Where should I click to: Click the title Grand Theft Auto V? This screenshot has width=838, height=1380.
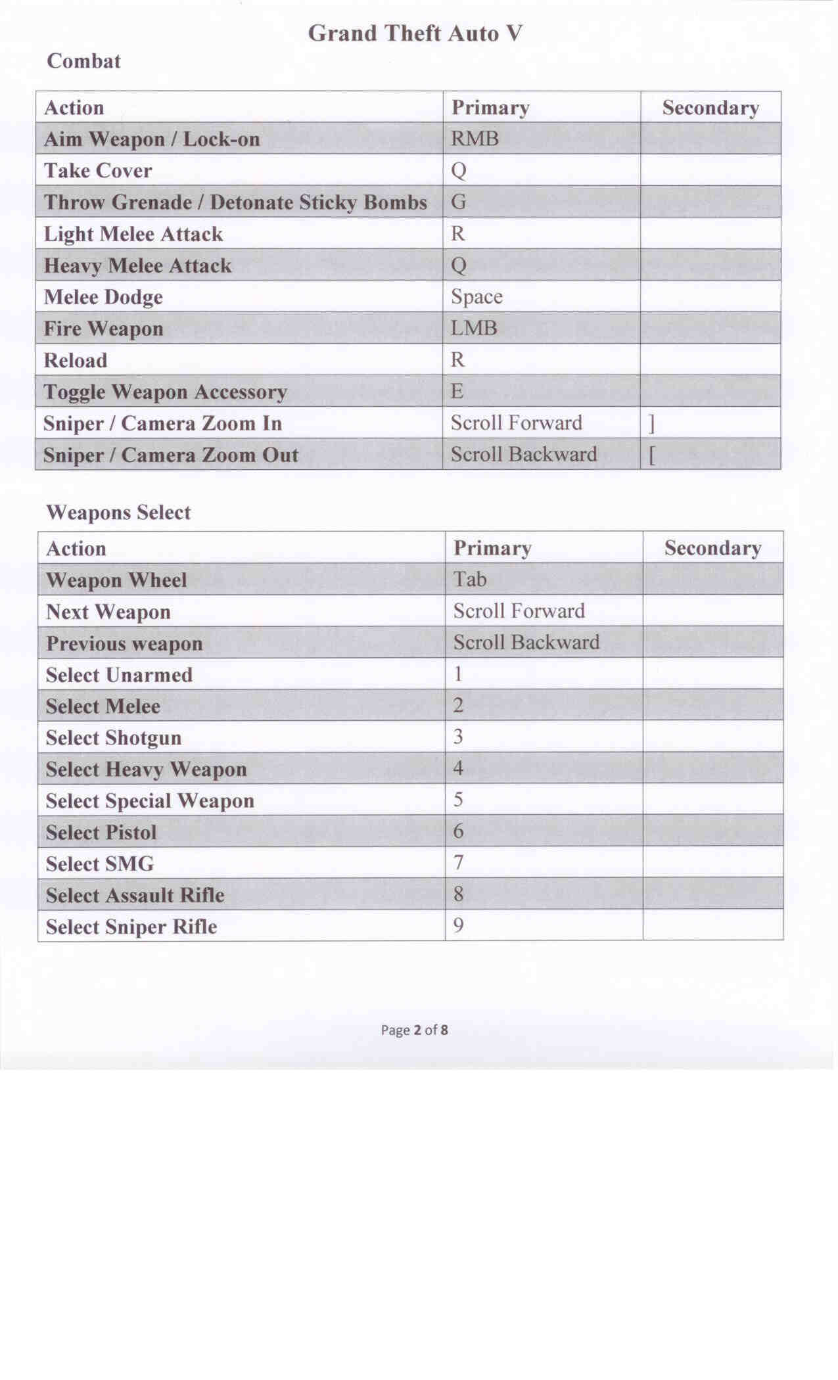tap(415, 33)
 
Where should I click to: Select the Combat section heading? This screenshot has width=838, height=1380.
tap(83, 61)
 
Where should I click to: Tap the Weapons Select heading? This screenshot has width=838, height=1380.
tap(118, 513)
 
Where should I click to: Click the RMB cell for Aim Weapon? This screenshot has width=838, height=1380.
tap(475, 139)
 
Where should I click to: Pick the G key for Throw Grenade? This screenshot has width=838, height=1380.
tap(458, 202)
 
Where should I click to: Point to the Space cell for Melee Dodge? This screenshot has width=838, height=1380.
tap(477, 296)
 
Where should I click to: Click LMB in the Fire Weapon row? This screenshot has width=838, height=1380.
tap(474, 328)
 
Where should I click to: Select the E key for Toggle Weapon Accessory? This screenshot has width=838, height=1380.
tap(457, 391)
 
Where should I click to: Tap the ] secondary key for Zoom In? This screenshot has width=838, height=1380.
tap(651, 424)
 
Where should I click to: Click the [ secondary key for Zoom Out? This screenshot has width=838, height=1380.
tap(651, 455)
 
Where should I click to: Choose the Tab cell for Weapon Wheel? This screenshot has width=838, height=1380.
tap(470, 579)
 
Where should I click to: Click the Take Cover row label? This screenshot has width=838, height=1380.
tap(98, 171)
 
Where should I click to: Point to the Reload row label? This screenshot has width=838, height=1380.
tap(75, 360)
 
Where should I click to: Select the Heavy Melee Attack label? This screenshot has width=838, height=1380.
tap(137, 265)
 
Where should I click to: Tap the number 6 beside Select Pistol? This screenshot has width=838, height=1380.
tap(458, 831)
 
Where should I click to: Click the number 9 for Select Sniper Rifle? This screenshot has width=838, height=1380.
tap(458, 926)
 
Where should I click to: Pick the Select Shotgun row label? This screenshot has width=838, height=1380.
tap(113, 737)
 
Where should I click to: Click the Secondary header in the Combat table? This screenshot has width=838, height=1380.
tap(710, 108)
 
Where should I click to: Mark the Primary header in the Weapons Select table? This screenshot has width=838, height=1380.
tap(492, 548)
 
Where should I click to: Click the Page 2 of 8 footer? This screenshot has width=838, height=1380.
tap(415, 1030)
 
